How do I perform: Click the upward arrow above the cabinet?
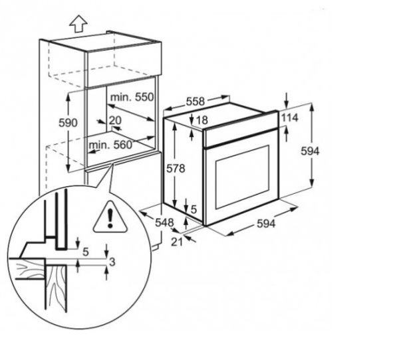pos(78,25)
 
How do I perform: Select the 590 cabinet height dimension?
pos(69,123)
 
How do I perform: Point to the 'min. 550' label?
pos(132,97)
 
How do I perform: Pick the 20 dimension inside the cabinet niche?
pos(115,120)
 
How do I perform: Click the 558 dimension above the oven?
pos(194,101)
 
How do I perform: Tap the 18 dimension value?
pos(202,120)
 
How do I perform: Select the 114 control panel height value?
pos(290,118)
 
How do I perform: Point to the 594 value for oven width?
pos(266,224)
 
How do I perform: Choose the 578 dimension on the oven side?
pos(176,169)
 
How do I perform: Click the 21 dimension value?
pos(176,242)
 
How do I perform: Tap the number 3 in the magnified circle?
pos(112,262)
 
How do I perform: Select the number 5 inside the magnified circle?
pos(85,252)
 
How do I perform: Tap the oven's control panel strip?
pos(239,129)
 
